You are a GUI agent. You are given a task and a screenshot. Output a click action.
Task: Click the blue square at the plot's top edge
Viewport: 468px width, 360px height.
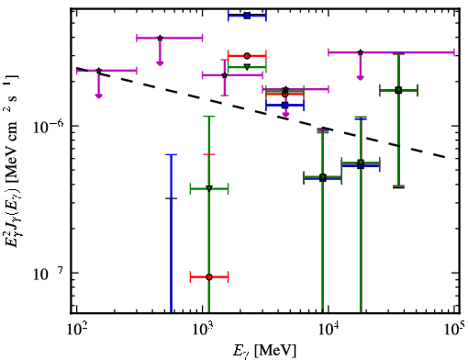247,16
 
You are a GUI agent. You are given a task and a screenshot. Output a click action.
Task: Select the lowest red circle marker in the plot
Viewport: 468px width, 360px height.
209,277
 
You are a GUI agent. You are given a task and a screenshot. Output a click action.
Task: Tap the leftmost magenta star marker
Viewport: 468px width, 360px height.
98,71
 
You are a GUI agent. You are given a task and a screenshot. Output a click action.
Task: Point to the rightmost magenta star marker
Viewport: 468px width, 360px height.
361,52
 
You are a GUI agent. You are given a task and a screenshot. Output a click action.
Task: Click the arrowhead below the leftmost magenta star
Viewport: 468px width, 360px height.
98,96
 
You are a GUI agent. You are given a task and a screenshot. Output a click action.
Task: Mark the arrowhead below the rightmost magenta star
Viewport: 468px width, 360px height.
361,78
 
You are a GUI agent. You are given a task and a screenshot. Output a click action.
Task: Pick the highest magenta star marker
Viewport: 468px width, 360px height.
160,38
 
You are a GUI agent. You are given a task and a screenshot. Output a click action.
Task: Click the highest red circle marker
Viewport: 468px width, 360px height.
247,56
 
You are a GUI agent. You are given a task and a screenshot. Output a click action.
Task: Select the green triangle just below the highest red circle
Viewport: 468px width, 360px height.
247,66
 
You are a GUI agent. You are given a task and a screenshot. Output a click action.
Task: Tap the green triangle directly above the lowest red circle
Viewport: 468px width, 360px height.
209,188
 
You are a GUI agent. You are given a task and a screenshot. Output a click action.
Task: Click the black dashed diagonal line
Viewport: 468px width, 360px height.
261,112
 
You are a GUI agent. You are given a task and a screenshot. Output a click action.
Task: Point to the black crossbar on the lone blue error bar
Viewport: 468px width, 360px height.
171,198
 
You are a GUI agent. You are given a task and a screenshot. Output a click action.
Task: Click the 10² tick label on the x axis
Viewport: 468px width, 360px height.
77,330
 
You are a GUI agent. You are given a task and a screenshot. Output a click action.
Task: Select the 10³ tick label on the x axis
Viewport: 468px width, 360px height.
203,330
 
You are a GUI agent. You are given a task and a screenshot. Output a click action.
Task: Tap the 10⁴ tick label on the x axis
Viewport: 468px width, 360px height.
329,330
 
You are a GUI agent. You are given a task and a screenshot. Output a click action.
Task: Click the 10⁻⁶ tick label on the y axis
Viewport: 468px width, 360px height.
48,127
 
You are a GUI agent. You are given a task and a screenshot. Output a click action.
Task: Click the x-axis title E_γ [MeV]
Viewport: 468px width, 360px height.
264,351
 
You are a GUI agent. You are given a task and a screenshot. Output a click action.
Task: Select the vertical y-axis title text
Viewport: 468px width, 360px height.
12,161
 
